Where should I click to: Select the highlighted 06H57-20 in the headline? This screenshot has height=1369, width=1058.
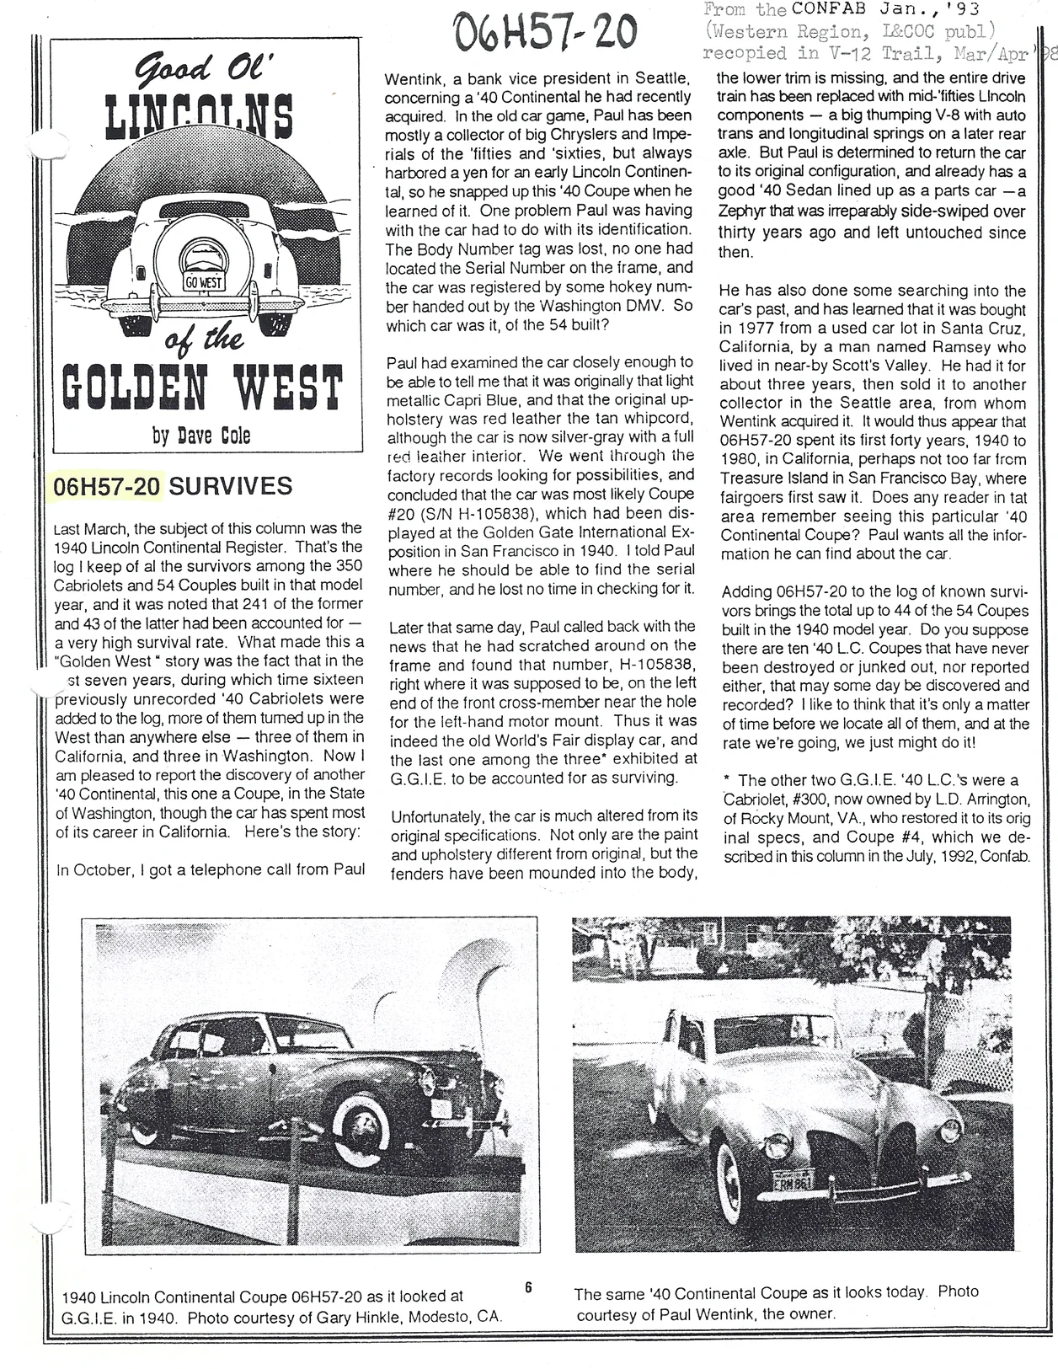coord(107,486)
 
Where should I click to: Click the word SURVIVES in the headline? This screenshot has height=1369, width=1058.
coord(231,486)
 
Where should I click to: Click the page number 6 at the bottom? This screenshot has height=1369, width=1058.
coord(528,1286)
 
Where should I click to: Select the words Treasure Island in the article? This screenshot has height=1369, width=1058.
coord(772,479)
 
